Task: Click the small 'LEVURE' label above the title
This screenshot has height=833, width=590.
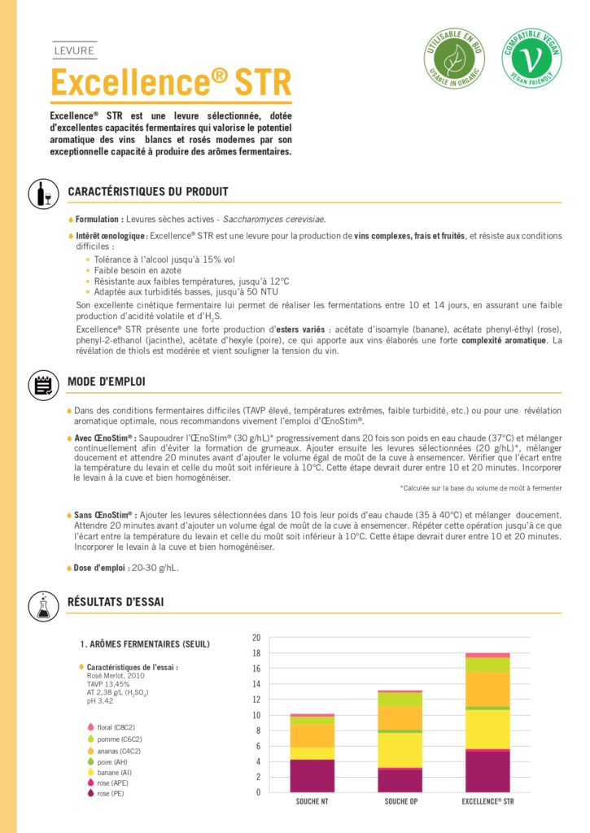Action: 73,50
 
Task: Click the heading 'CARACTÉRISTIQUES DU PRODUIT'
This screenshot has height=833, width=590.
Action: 148,192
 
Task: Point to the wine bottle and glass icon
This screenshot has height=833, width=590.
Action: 42,194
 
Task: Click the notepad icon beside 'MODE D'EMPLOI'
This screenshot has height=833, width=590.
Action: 42,385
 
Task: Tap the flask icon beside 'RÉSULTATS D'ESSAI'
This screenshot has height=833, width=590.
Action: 42,604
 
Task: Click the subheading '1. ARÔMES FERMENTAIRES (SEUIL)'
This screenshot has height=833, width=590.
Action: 145,644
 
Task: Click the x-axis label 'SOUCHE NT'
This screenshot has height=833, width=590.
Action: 312,801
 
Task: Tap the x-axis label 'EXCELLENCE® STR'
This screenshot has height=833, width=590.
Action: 488,801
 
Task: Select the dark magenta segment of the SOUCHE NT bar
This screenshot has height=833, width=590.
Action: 312,775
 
